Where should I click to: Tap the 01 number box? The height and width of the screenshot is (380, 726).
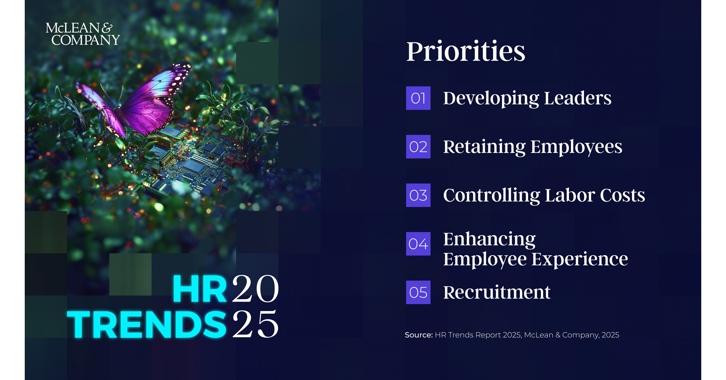418,98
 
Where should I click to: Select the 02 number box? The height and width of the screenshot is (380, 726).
418,147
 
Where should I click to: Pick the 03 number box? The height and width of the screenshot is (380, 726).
418,195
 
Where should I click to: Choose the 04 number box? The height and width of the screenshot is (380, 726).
418,244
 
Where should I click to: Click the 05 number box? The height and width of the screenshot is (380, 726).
418,292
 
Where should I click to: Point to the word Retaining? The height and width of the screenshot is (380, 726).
484,147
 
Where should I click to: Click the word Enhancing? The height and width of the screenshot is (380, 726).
489,239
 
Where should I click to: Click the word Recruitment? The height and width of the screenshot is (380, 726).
497,292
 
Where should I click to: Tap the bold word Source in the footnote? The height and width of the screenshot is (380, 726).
419,335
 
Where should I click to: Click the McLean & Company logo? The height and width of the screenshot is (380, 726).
83,34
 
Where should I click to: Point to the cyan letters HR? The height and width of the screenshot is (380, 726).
200,289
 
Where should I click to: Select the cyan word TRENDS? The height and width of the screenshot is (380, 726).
147,324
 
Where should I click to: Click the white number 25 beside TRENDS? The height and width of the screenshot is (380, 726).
255,324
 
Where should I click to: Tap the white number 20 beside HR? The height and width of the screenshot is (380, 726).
255,289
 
